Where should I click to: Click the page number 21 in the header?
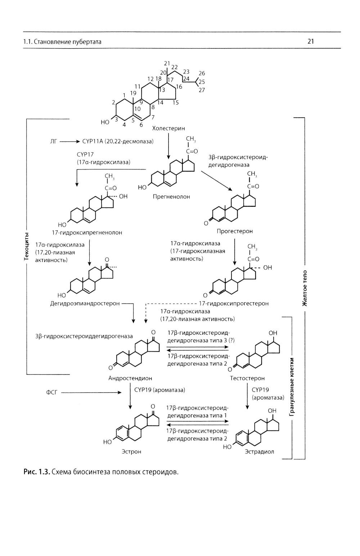tap(311, 41)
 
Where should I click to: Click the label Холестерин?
tap(168, 128)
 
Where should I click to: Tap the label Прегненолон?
tap(171, 197)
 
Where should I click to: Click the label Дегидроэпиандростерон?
tap(85, 303)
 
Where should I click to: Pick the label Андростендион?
tap(130, 378)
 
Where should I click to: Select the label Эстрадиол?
tap(259, 451)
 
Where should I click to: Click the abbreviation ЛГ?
tap(53, 141)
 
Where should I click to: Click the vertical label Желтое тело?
tap(305, 288)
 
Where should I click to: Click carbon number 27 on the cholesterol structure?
tap(202, 90)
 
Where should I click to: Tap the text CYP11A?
tap(93, 141)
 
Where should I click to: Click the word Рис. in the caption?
tap(31, 471)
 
